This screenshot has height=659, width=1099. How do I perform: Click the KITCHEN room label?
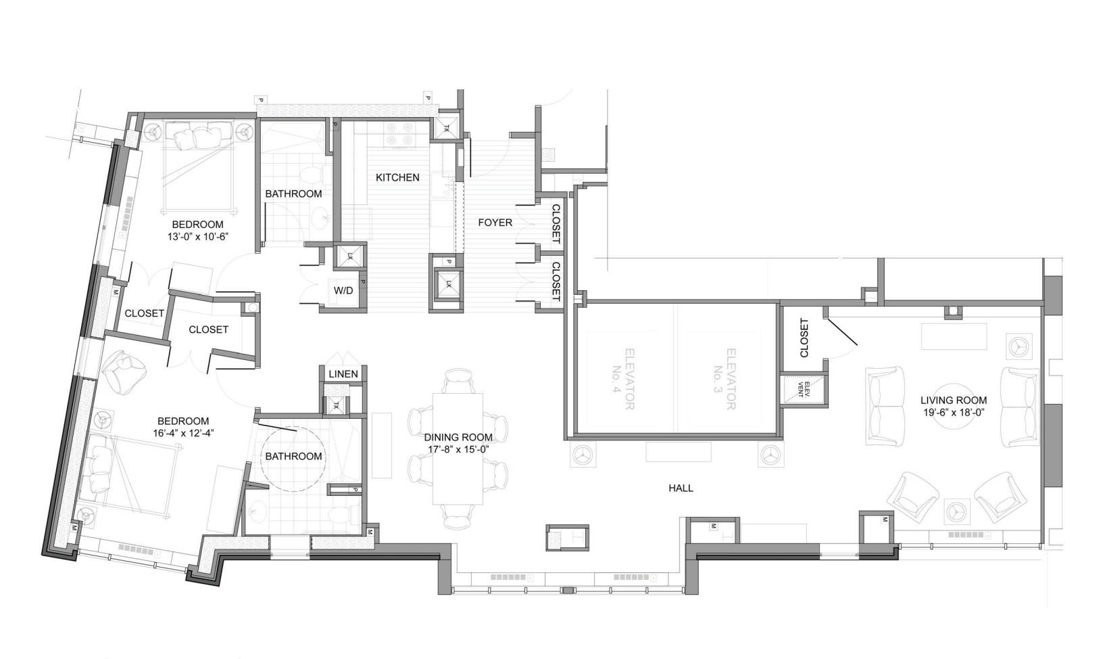coord(397,177)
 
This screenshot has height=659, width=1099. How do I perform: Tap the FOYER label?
coord(495,223)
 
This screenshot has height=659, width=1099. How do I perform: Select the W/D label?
coord(343,290)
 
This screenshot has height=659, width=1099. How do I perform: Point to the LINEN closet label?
coord(343,374)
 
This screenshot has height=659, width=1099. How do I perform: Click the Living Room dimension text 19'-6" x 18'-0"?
coord(953,413)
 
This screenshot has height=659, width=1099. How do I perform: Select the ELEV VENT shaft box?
coord(804,390)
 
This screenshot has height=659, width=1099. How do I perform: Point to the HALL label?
coord(681,488)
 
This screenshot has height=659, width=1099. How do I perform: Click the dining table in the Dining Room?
coord(458,449)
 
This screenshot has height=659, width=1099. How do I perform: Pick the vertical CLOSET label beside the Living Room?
coord(804,338)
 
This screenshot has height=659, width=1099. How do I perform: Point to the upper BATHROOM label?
coord(293,194)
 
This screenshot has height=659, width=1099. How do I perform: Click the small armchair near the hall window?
coord(566,537)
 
